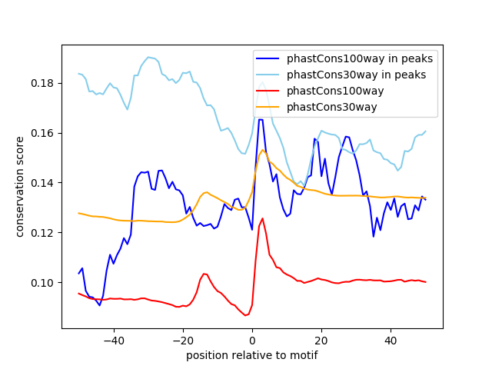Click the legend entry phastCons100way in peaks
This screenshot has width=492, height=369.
click(359, 58)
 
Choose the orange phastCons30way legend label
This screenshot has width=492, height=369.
click(331, 107)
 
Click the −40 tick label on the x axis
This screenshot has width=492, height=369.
click(113, 341)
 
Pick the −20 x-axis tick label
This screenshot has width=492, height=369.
click(182, 341)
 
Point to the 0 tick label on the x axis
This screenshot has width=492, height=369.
click(252, 341)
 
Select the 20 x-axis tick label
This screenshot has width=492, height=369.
click(321, 341)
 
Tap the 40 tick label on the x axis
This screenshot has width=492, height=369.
click(391, 341)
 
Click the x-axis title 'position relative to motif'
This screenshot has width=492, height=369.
click(251, 355)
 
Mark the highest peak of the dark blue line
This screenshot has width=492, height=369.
click(261, 119)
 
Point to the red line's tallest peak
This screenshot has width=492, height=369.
click(262, 218)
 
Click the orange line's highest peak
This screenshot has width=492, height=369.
click(263, 150)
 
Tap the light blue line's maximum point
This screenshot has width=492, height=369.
click(149, 57)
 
